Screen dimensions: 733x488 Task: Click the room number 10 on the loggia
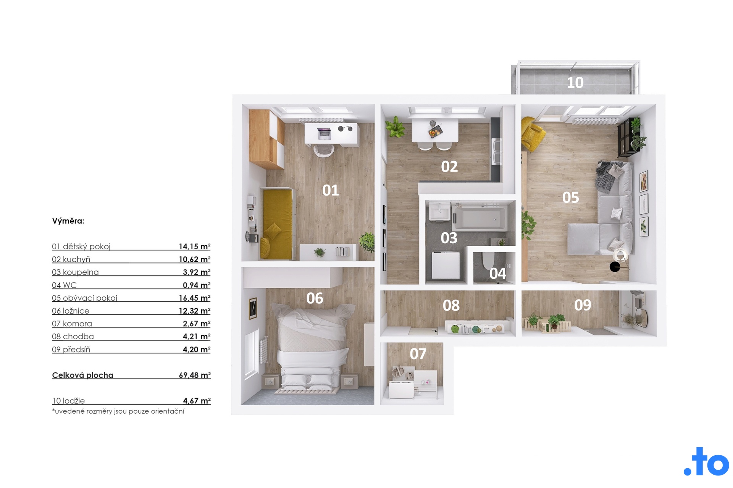575,82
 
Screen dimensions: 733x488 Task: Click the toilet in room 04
488,260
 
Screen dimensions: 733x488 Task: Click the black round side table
615,267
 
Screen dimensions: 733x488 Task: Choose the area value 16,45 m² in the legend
194,298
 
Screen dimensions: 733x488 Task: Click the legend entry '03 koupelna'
75,272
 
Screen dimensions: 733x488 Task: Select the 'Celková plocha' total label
82,375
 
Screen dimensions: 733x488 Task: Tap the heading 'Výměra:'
68,221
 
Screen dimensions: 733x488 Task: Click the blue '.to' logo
706,462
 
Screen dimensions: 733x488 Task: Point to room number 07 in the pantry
418,354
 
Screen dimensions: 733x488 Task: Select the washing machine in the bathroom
446,265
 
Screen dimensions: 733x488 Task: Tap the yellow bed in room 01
276,224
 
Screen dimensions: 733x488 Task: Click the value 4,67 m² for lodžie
197,401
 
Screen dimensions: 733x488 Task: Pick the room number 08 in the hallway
451,305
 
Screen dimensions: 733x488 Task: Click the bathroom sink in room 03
440,211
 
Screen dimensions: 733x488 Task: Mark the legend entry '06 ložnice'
71,311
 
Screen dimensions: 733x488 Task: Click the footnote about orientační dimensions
118,411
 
